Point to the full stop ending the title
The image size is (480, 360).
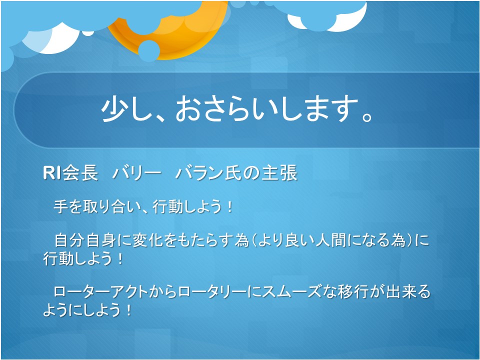coord(366,117)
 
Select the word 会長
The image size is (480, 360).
coord(79,173)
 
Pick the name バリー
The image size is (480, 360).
coord(136,173)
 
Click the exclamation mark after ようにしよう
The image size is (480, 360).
coord(128,310)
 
